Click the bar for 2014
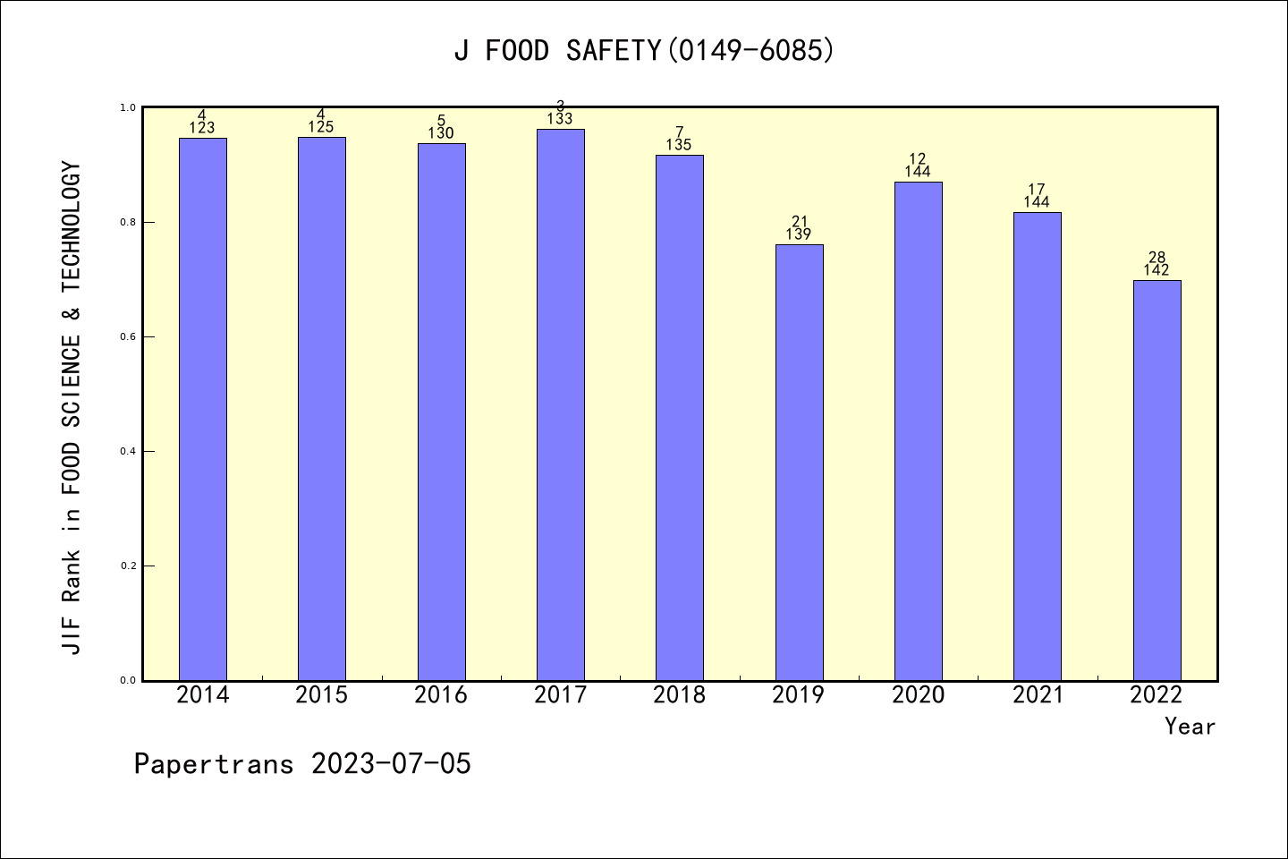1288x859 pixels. click(202, 409)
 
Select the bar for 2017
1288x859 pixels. click(560, 404)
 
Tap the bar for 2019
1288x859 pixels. click(799, 462)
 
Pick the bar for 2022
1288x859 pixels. click(1157, 480)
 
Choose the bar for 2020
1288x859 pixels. click(918, 430)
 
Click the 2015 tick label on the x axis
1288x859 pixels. click(321, 694)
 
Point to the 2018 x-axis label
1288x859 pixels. click(679, 694)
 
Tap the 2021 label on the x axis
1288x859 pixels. click(1038, 694)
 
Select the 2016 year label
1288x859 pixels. click(441, 694)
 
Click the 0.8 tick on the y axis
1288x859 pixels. click(127, 222)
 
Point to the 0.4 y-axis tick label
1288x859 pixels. click(127, 451)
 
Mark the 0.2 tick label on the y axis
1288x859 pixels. click(127, 566)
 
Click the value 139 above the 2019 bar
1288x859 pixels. click(799, 234)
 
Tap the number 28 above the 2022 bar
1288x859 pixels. click(1157, 258)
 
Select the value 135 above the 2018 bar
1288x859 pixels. click(679, 145)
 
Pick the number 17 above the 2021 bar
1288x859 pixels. click(1037, 189)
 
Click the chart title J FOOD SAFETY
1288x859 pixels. click(644, 50)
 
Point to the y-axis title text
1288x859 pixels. click(72, 407)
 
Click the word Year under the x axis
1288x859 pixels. click(1190, 727)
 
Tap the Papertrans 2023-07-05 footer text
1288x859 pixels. click(302, 764)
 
